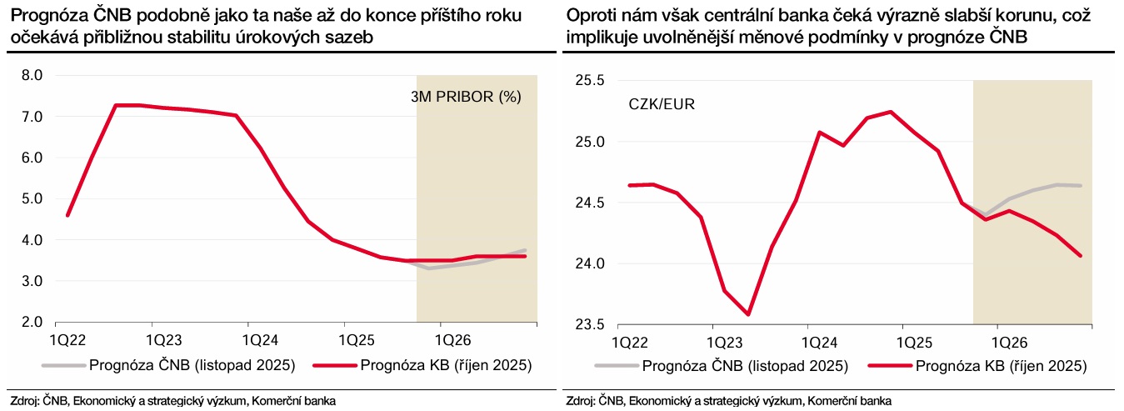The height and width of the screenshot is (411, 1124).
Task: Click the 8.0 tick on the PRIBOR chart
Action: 32,75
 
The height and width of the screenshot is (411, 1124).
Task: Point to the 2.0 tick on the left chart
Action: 32,322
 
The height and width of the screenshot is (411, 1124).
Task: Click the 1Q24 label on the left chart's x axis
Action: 260,340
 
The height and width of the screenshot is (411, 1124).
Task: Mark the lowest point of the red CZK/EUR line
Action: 748,314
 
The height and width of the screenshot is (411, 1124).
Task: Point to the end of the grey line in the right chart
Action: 1081,185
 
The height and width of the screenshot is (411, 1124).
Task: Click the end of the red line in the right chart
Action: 1081,256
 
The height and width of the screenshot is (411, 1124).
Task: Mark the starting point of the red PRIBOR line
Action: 67,215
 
